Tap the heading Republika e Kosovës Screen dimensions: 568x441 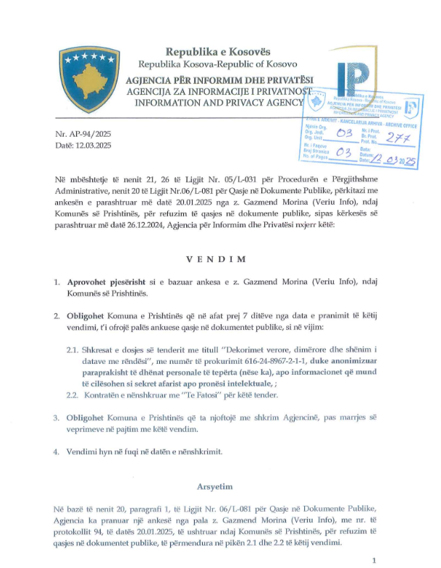217,51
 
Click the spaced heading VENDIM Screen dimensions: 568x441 220,259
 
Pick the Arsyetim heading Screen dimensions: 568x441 220,487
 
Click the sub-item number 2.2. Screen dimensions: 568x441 72,394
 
